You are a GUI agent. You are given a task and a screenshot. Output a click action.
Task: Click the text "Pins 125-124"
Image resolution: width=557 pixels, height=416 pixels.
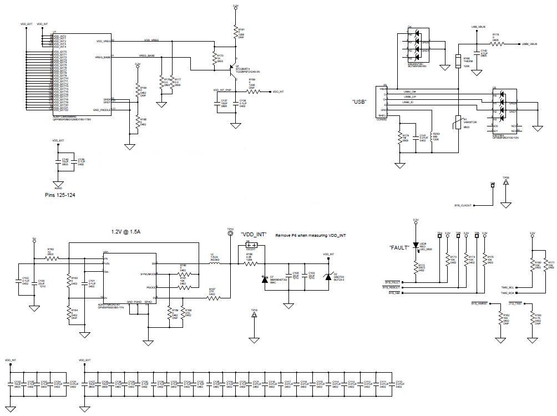[61, 195]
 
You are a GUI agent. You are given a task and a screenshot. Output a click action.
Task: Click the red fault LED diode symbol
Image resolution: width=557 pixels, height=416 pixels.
[416, 245]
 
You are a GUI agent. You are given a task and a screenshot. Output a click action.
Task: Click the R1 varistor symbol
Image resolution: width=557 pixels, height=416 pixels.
[458, 122]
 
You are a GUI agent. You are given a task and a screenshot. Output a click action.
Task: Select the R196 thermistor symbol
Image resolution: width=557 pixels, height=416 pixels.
[458, 60]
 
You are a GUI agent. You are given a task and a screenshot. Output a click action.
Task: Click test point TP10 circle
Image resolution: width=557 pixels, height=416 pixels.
[230, 234]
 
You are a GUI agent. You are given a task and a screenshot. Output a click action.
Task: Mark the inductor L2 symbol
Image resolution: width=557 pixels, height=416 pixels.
[214, 264]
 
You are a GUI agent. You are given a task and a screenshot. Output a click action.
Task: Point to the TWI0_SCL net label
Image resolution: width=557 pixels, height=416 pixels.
[508, 287]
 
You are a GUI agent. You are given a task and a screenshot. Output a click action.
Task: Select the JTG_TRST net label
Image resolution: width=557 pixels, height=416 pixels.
[516, 303]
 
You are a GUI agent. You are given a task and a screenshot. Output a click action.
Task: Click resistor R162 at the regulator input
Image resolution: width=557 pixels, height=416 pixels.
[51, 258]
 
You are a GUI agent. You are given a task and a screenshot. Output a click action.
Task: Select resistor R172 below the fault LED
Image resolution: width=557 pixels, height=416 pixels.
[416, 268]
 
